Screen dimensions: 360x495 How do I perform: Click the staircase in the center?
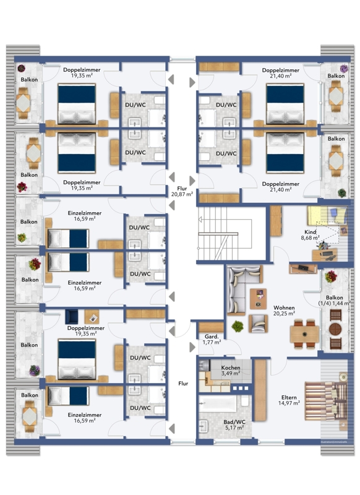pos(225,234)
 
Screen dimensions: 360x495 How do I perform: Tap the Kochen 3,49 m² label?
pos(231,371)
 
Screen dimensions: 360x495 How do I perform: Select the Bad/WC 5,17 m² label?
pos(234,425)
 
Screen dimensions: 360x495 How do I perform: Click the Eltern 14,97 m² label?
pos(289,400)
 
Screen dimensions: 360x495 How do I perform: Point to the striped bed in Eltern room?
pos(326,401)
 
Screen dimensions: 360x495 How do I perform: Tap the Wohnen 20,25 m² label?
pos(284,311)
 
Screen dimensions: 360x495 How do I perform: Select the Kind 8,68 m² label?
pos(310,235)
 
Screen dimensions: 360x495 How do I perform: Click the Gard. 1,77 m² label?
pos(212,339)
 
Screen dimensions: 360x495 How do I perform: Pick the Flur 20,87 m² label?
pos(182,192)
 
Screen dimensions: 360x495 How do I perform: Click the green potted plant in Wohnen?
pos(238,326)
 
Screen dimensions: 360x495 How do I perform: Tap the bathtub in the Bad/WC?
pos(218,404)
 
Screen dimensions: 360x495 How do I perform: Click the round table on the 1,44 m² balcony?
pos(335,329)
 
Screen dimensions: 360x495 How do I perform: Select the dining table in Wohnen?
pos(304,334)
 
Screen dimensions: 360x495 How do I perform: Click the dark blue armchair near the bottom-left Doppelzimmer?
pos(72,317)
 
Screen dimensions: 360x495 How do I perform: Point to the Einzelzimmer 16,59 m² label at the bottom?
pos(85,418)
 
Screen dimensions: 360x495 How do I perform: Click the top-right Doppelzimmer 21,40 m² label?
pos(280,73)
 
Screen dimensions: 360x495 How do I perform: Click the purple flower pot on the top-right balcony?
pos(344,69)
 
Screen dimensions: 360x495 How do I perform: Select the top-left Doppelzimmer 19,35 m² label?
pos(82,72)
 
